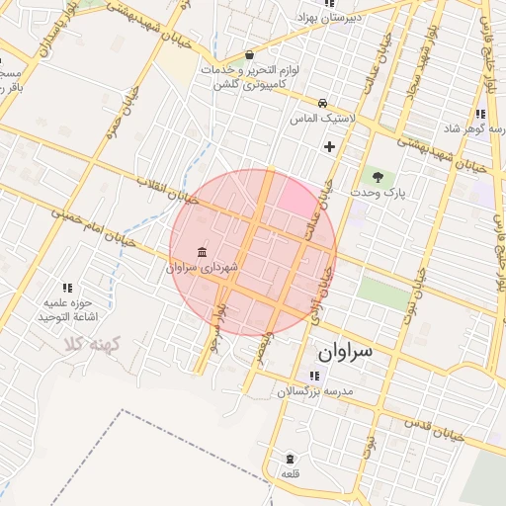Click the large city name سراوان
[x=343, y=352]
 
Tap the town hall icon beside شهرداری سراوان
[x=203, y=251]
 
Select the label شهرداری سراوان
[x=203, y=267]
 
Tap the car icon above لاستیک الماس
[x=322, y=103]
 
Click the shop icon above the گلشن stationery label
[x=248, y=55]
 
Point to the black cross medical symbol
[x=329, y=147]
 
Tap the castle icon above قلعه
[x=290, y=459]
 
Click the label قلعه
[x=291, y=474]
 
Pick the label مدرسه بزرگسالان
[x=314, y=392]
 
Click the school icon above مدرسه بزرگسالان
[x=314, y=377]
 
